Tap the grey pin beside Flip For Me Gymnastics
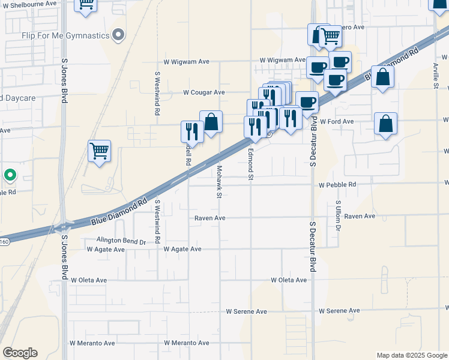click(119, 35)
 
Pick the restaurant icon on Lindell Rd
click(192, 131)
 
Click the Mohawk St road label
click(220, 182)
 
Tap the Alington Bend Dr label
click(118, 241)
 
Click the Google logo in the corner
click(20, 353)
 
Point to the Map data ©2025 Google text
click(411, 355)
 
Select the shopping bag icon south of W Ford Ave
click(385, 124)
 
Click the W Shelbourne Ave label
click(32, 4)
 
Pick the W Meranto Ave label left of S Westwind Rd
click(92, 343)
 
